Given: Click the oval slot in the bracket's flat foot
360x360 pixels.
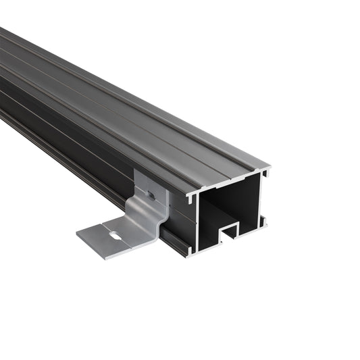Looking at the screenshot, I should coord(117,236).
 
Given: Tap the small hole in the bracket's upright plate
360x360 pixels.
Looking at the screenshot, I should coord(152,195).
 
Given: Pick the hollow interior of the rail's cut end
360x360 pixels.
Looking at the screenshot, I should coord(226,206).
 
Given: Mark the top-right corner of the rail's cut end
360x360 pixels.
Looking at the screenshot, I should coord(268,169).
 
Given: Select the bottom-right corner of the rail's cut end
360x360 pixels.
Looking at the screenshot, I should coord(265,224).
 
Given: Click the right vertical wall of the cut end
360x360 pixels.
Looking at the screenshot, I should coord(262,196).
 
